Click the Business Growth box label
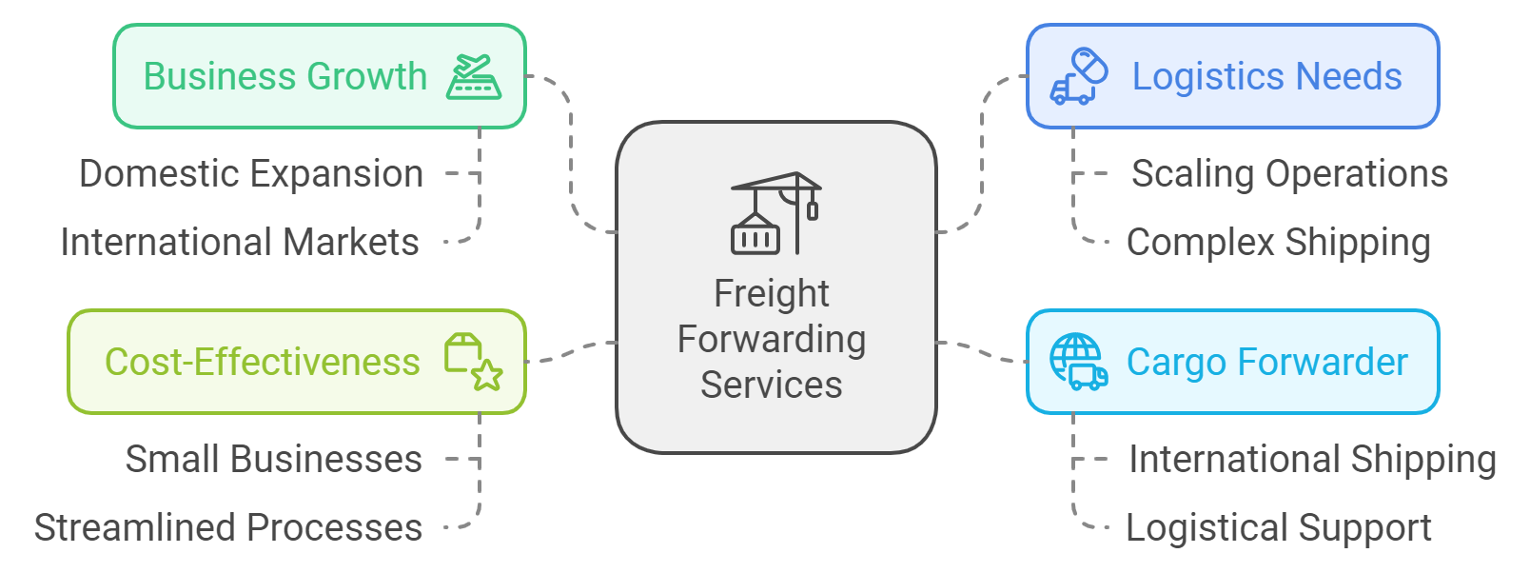pyautogui.click(x=284, y=76)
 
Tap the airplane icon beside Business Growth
pyautogui.click(x=474, y=77)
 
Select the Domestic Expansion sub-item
pyautogui.click(x=251, y=174)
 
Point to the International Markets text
pyautogui.click(x=240, y=243)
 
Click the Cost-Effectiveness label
pyautogui.click(x=262, y=362)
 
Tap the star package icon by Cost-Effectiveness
pyautogui.click(x=473, y=362)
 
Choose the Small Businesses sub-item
pyautogui.click(x=273, y=460)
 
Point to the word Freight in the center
pyautogui.click(x=772, y=293)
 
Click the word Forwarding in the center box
pyautogui.click(x=772, y=339)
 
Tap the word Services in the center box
pyautogui.click(x=772, y=385)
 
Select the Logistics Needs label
pyautogui.click(x=1266, y=76)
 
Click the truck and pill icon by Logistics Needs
pyautogui.click(x=1079, y=76)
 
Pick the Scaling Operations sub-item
pyautogui.click(x=1289, y=174)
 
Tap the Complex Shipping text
pyautogui.click(x=1278, y=243)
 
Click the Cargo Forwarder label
pyautogui.click(x=1266, y=362)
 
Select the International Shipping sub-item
pyautogui.click(x=1312, y=460)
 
